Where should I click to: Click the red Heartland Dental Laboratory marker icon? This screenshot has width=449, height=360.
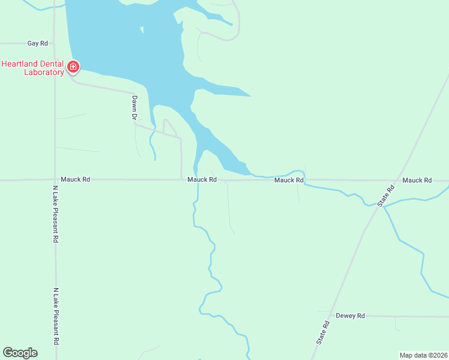(x=73, y=66)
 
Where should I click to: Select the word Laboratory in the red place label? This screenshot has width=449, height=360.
(x=43, y=73)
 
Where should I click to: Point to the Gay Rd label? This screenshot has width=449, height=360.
(x=37, y=43)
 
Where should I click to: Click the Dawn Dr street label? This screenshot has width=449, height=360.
(x=134, y=108)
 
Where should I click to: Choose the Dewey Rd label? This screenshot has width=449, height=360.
(x=350, y=316)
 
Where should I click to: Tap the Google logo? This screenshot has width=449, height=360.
(x=20, y=353)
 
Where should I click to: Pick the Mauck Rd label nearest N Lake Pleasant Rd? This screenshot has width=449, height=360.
(x=75, y=179)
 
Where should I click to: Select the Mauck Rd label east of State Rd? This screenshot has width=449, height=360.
(x=417, y=180)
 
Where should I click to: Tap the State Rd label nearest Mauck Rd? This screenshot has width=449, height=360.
(x=387, y=196)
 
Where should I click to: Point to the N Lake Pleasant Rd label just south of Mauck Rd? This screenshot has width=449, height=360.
(x=55, y=213)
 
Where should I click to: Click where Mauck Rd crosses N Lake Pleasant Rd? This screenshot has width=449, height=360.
(x=55, y=179)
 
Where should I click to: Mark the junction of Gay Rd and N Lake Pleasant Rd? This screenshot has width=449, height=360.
(x=55, y=43)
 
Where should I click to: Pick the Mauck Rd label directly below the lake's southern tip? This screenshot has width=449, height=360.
(x=202, y=179)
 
